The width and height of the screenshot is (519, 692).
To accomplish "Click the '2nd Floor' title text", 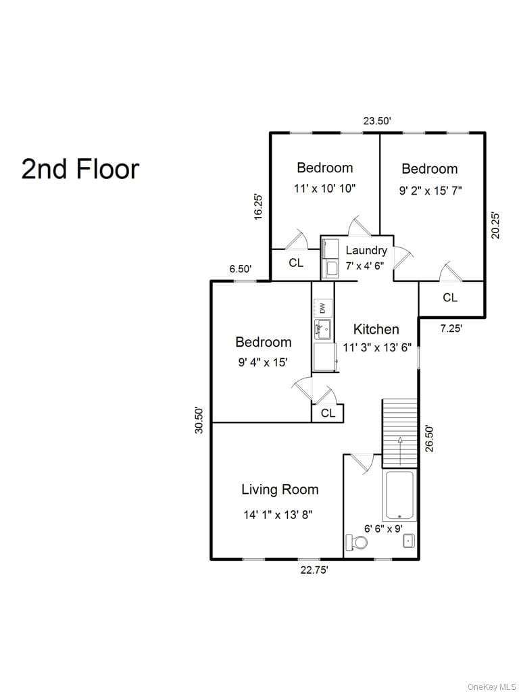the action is pyautogui.click(x=80, y=169).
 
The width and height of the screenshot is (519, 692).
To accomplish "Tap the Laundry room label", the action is pyautogui.click(x=366, y=250).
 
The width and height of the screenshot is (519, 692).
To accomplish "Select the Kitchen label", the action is pyautogui.click(x=376, y=329).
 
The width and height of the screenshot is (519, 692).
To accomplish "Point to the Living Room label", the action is pyautogui.click(x=280, y=489).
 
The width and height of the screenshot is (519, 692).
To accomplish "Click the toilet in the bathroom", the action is pyautogui.click(x=357, y=542).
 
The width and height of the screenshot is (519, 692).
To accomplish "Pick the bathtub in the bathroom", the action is pyautogui.click(x=400, y=495).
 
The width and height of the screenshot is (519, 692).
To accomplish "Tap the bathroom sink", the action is pyautogui.click(x=409, y=541).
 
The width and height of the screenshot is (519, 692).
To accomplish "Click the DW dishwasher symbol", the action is pyautogui.click(x=322, y=307).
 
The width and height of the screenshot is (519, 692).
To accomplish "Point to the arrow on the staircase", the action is pyautogui.click(x=400, y=451).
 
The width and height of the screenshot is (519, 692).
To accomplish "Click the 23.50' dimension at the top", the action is pyautogui.click(x=377, y=121).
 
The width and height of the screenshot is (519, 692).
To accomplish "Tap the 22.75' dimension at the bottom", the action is pyautogui.click(x=314, y=570).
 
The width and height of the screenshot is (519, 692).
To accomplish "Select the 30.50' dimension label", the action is pyautogui.click(x=200, y=420).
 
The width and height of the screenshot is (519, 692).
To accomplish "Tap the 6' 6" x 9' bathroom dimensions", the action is pyautogui.click(x=384, y=528).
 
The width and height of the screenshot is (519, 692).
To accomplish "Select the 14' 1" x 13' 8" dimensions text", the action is pyautogui.click(x=278, y=514).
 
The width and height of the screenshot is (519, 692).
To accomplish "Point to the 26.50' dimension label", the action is pyautogui.click(x=429, y=438).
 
